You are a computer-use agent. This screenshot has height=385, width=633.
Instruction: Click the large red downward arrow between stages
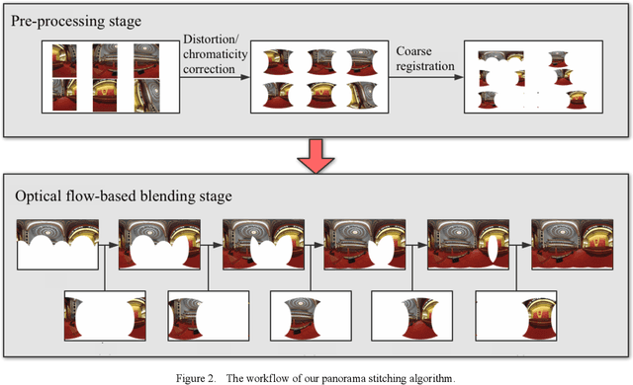tap(316, 156)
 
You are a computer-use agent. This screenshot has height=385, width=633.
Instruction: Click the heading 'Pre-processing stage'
tap(76, 22)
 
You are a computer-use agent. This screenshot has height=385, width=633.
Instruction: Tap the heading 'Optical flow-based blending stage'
tap(124, 196)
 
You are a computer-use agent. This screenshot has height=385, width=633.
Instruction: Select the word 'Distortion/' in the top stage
tap(211, 39)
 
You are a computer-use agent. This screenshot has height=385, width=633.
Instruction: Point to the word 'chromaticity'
tap(216, 54)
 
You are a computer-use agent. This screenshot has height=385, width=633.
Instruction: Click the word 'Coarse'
tap(413, 51)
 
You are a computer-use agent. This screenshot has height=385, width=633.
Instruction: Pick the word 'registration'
tap(425, 66)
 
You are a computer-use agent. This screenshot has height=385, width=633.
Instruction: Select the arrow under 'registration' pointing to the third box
tap(426, 77)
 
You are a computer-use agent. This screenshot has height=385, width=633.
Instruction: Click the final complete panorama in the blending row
tap(572, 245)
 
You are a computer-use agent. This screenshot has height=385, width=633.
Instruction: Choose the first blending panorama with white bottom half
tap(57, 245)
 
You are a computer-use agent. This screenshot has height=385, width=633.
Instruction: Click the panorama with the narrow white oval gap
tap(468, 245)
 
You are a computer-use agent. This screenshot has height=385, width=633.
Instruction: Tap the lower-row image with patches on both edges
tap(105, 316)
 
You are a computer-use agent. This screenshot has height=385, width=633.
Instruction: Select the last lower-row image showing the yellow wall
tap(516, 316)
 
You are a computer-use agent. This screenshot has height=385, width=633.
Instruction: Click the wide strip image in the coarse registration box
tap(500, 56)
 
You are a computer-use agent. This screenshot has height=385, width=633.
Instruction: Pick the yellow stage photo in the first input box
tap(105, 95)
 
